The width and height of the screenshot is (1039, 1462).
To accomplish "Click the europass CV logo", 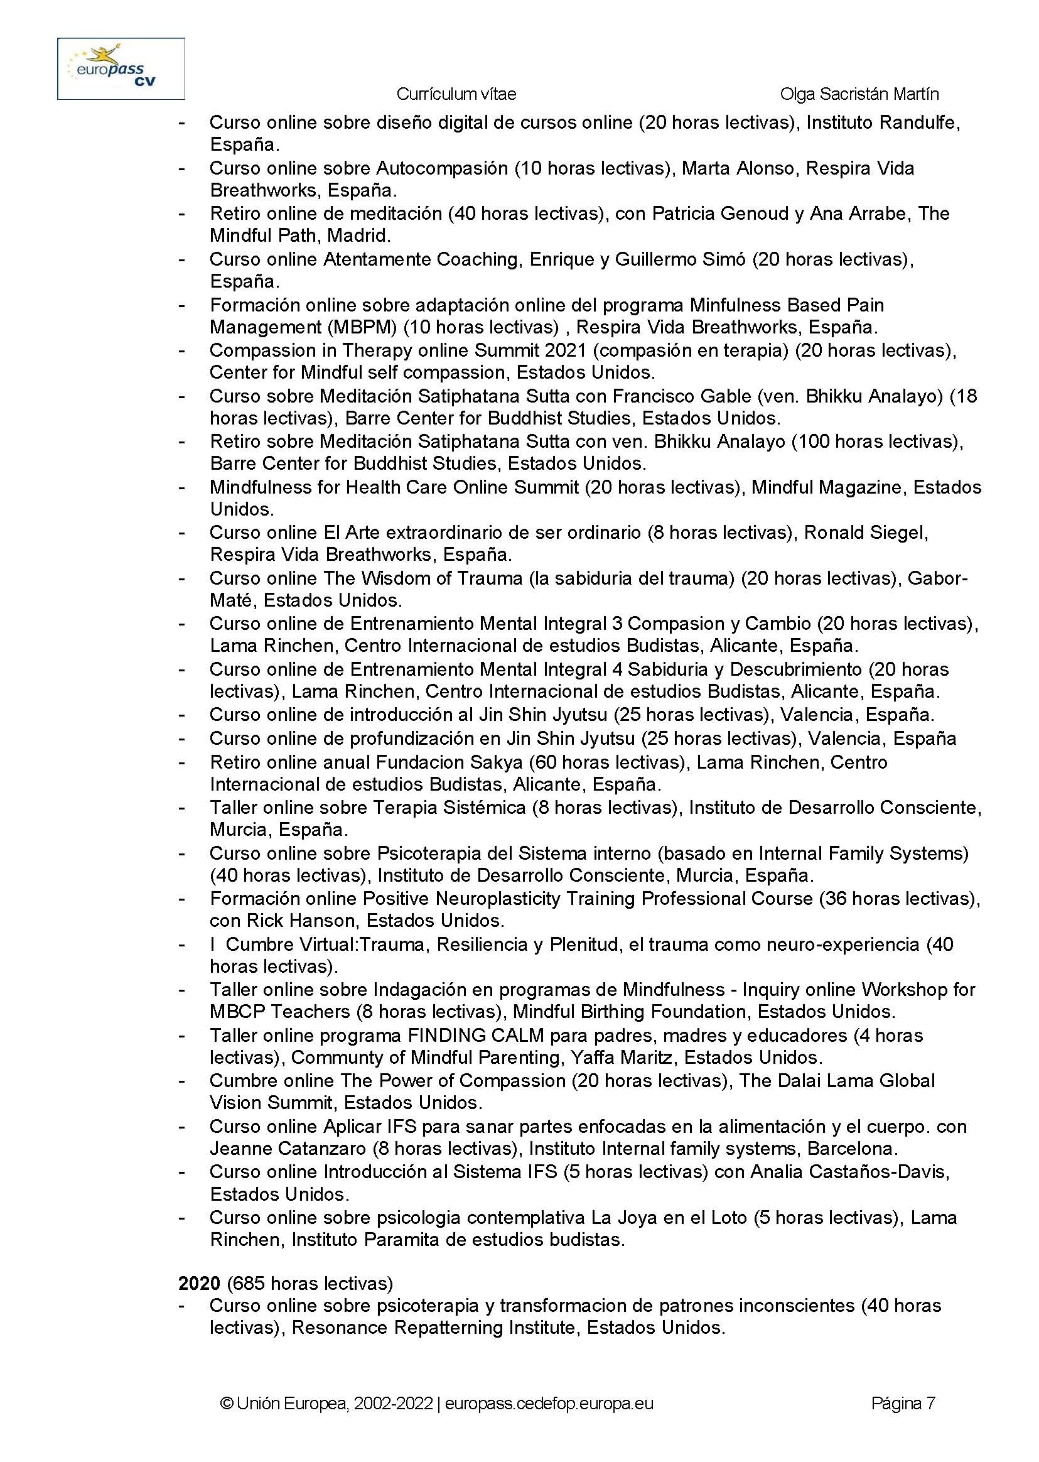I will [x=121, y=68].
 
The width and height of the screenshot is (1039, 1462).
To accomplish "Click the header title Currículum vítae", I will [x=456, y=94].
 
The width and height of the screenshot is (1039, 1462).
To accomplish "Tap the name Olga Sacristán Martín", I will [x=859, y=94].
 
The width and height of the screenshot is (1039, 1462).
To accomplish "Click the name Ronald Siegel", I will [x=866, y=533].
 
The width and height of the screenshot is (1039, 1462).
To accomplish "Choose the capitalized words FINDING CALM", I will [x=476, y=1035].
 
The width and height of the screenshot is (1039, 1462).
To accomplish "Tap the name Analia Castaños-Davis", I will [x=849, y=1171].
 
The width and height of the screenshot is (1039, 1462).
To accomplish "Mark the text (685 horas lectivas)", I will [x=310, y=1284].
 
